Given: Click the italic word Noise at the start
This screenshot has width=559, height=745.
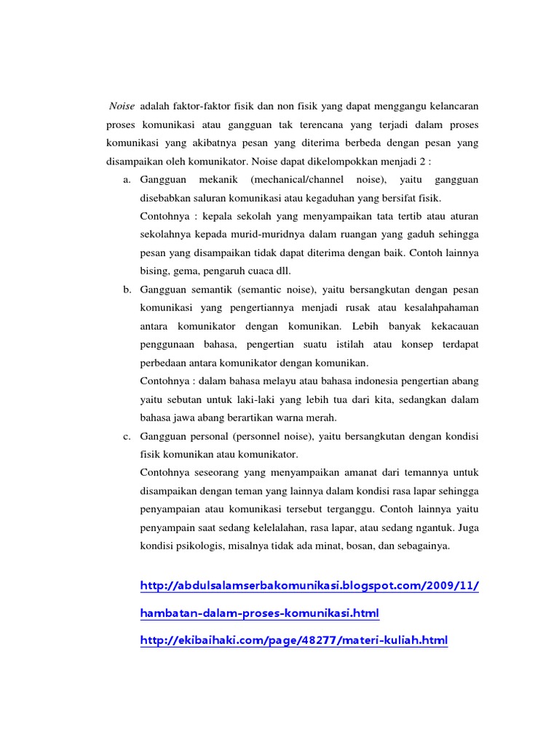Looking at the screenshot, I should coord(122,106).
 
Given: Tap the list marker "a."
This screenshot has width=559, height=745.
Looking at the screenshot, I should coord(127,179).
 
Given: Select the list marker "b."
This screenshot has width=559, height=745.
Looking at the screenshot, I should coord(127,290).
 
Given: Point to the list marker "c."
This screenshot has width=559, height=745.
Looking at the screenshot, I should coord(127,437).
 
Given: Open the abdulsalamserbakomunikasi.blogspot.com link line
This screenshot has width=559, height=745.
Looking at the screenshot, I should coord(310,586).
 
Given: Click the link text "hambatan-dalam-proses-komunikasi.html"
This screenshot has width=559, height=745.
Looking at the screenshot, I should coord(259,613).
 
